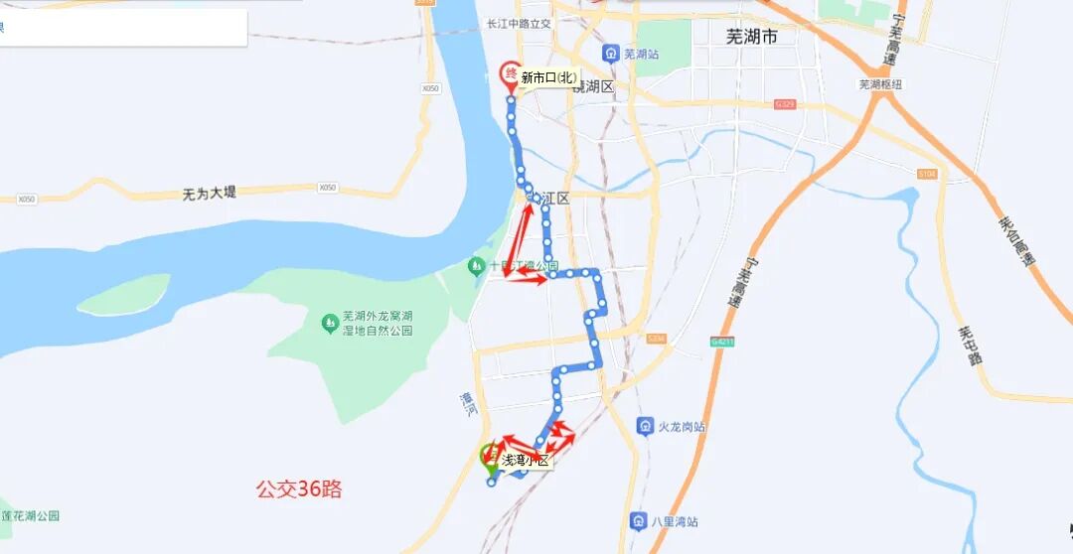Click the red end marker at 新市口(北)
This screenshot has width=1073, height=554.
point(511,75)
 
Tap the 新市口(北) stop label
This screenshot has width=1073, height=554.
point(548,77)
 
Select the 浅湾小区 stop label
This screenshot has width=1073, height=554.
point(524,460)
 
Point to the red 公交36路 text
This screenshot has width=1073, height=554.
point(299,488)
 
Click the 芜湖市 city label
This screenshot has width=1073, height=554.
point(751,37)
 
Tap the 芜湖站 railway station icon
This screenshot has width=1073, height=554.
point(610,54)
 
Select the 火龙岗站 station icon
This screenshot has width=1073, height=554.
point(645,426)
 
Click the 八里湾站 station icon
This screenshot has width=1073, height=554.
point(639,521)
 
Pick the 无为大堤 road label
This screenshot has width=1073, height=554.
point(210,193)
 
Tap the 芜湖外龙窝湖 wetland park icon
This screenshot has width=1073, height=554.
point(330,323)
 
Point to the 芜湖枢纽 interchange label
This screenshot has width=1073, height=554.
point(880,84)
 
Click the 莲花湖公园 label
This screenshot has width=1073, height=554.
point(30,515)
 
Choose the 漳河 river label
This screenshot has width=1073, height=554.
point(469,401)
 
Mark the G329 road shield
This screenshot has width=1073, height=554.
point(786,103)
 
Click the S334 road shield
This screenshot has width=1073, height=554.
point(656,339)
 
